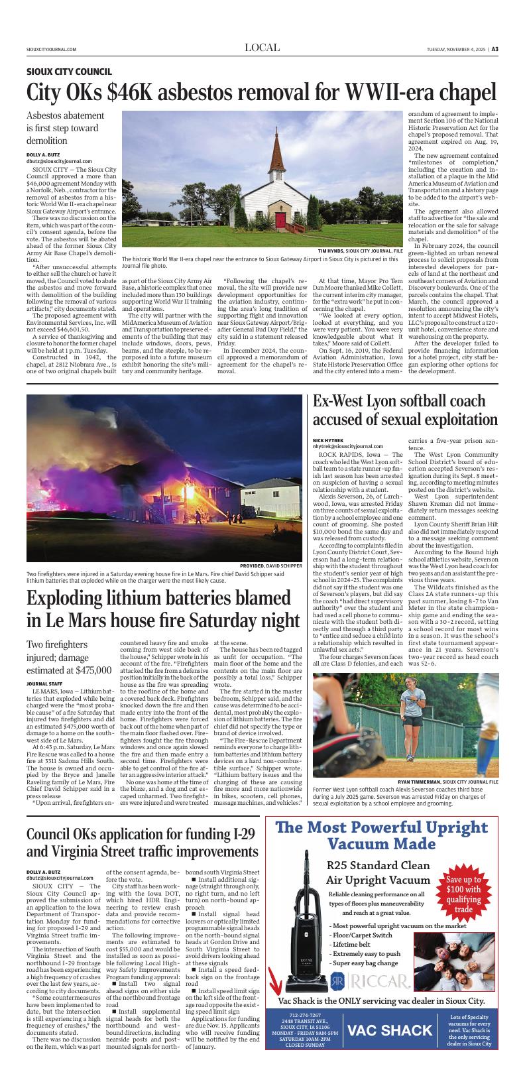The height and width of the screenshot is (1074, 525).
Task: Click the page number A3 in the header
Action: click(495, 48)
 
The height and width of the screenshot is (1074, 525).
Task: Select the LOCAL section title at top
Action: click(262, 48)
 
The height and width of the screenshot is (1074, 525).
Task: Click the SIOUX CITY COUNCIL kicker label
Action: click(69, 72)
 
